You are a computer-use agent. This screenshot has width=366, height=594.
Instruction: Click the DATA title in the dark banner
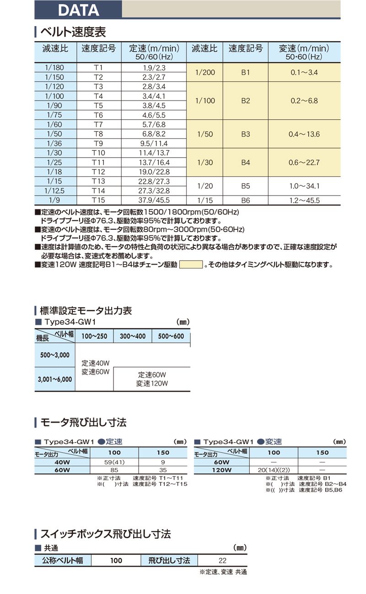[78, 10]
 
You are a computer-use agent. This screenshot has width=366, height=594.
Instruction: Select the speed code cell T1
[98, 68]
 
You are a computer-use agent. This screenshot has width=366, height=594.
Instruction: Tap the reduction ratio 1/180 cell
[55, 68]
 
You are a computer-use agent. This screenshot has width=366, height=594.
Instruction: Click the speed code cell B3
[245, 134]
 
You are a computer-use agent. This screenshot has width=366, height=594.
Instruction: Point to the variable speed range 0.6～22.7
[304, 163]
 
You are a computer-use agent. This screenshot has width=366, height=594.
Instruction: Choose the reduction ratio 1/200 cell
[205, 73]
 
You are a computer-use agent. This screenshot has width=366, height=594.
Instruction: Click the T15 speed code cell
[98, 200]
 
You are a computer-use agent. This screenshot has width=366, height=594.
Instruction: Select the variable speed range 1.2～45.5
[304, 200]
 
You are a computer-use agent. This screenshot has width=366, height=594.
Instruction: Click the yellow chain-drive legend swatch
[191, 264]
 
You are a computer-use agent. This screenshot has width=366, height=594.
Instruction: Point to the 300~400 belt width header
[133, 336]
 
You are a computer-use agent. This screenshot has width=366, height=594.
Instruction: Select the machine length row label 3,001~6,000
[54, 379]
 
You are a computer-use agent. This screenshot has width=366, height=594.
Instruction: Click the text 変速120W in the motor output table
[152, 384]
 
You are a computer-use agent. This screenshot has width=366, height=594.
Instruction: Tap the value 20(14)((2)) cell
[274, 470]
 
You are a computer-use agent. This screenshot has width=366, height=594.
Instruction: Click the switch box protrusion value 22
[222, 561]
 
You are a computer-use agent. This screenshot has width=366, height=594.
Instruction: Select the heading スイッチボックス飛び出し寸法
[106, 533]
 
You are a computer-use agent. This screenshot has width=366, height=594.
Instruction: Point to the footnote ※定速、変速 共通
[223, 572]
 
